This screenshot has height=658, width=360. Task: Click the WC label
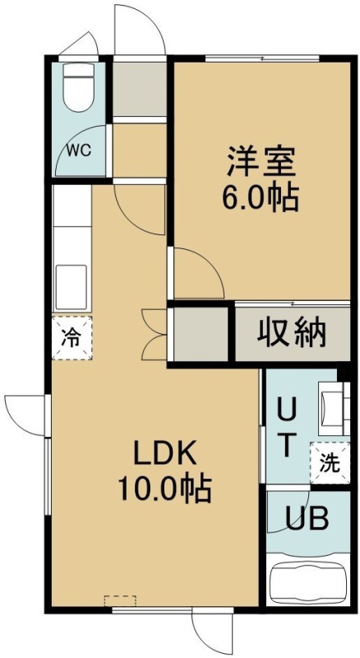pos(80,151)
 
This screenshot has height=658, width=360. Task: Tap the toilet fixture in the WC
pos(79,87)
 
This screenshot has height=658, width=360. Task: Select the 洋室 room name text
pos(261,161)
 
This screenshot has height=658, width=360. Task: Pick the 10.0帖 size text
pos(164,489)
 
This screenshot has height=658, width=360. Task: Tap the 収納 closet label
pos(292,334)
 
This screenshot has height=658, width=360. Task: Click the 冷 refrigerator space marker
pos(72,338)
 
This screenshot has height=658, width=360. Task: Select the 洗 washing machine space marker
pos(330,462)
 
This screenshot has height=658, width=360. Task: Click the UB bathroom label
pos(307,520)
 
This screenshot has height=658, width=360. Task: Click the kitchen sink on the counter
pos(72,286)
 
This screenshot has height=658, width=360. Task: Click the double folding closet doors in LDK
pos(155,335)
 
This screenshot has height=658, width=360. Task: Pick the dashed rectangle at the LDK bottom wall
pos(120,600)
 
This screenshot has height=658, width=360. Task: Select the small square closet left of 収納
pos(201,334)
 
